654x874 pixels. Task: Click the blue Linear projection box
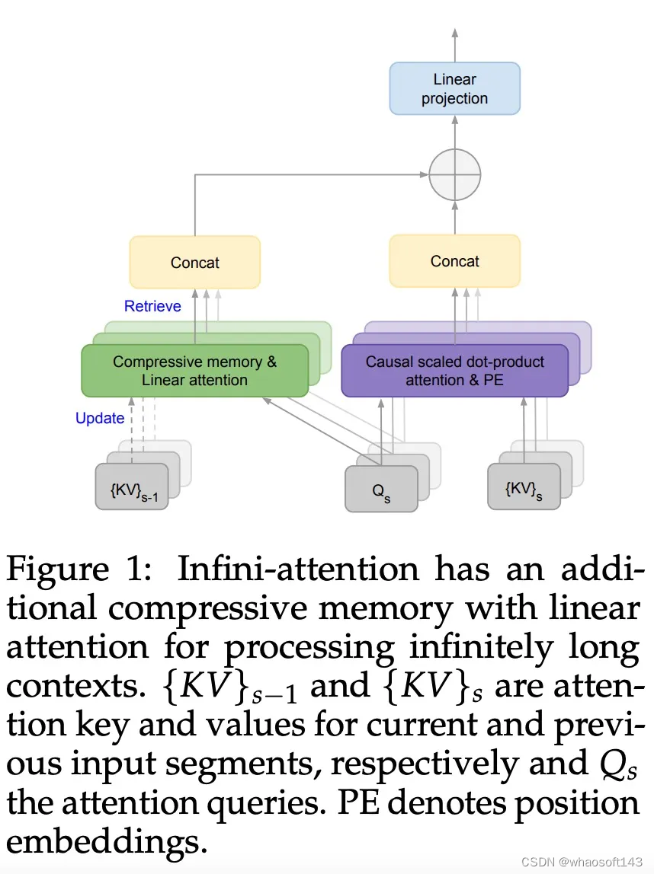[x=454, y=88]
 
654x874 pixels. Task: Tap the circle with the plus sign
[x=454, y=174]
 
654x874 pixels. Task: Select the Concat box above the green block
[x=194, y=263]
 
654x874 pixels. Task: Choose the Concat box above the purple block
[x=454, y=261]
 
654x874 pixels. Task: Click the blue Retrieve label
[x=152, y=306]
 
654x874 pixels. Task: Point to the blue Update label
[x=100, y=418]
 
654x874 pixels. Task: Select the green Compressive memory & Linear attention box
[x=194, y=371]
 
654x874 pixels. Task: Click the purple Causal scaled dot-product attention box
[x=454, y=371]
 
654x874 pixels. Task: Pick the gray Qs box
[x=381, y=489]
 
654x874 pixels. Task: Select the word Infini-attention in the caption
[x=298, y=569]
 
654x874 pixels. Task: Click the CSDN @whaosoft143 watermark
[x=582, y=860]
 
